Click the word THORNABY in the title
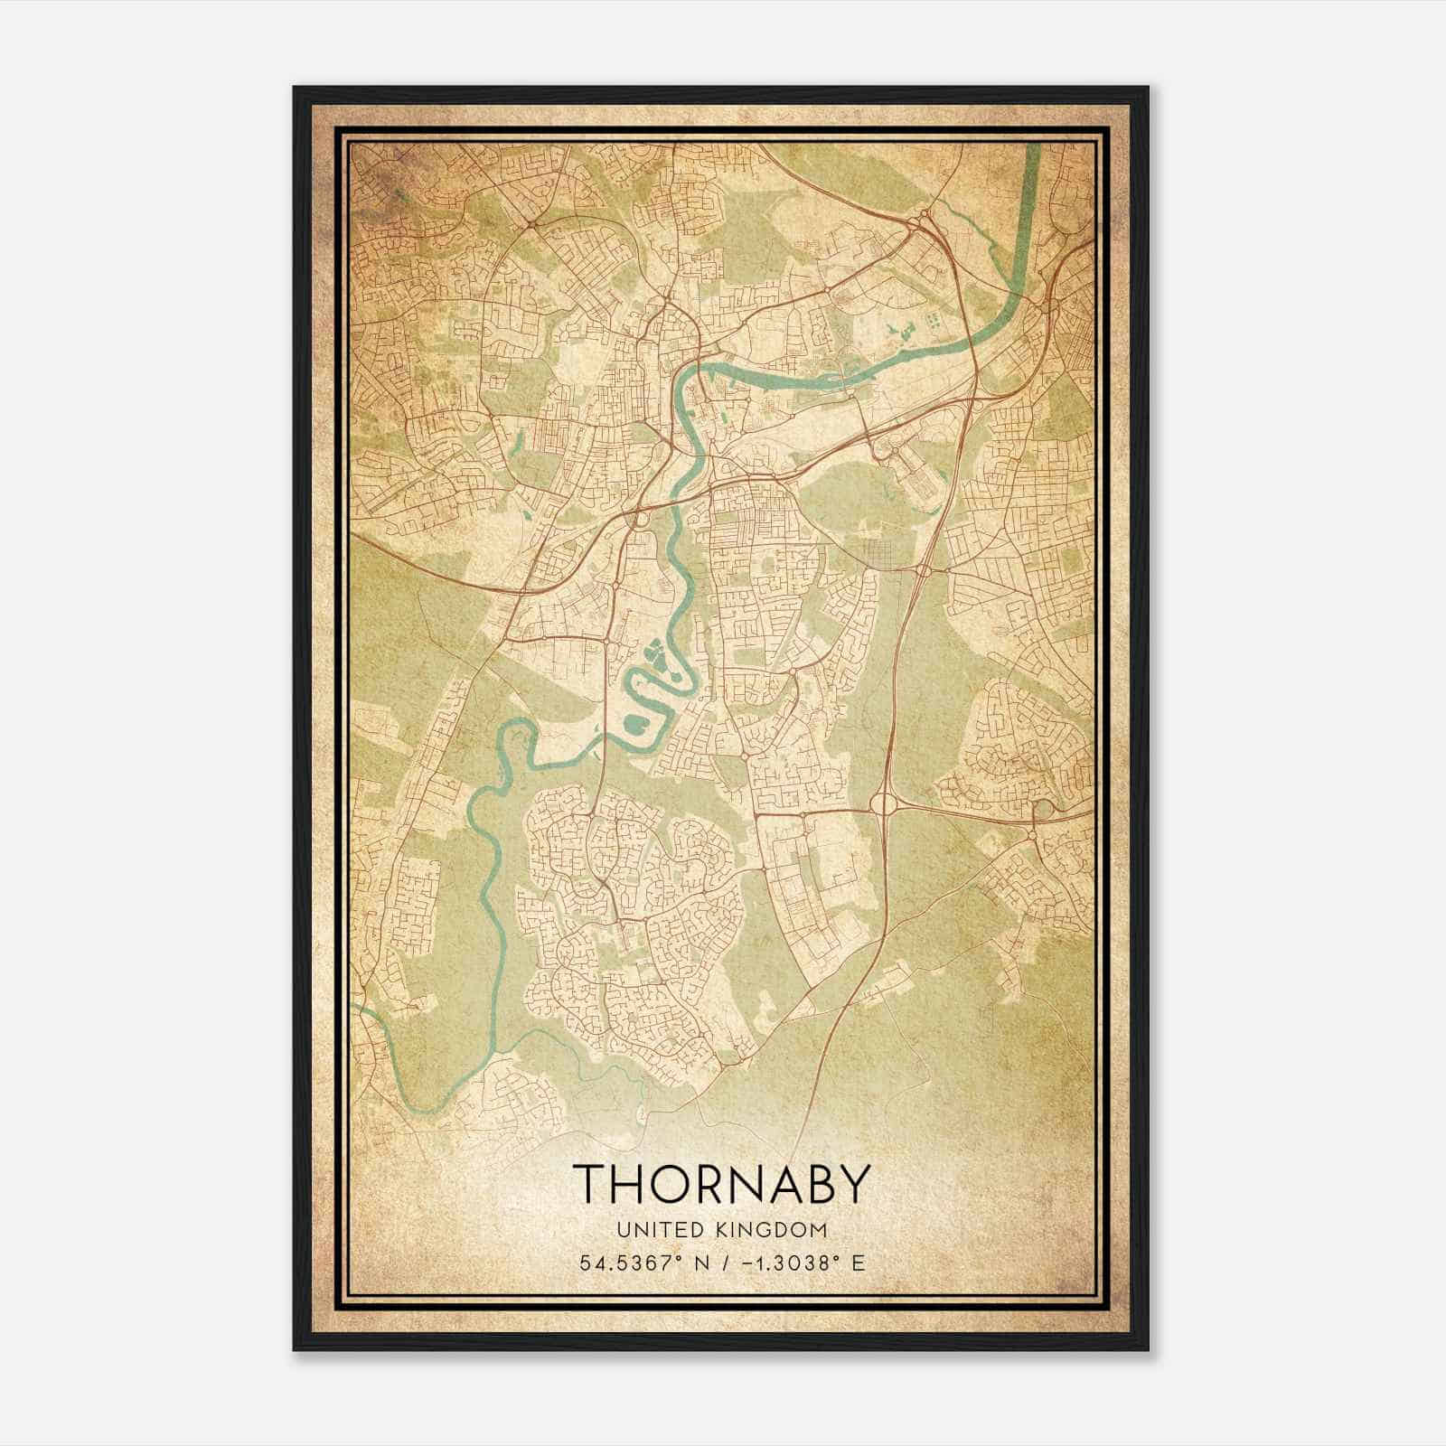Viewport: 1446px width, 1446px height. [x=722, y=1185]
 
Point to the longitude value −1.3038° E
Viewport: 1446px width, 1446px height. [x=796, y=1263]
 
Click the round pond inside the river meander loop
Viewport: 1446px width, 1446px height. [x=633, y=722]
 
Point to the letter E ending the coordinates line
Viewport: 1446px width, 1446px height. [x=859, y=1263]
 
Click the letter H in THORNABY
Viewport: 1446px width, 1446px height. [x=630, y=1185]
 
